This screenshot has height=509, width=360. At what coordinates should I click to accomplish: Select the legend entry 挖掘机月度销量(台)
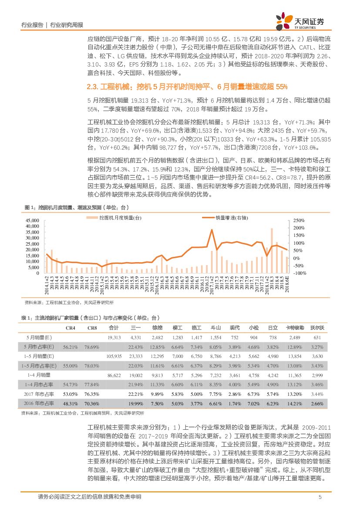click(120, 218)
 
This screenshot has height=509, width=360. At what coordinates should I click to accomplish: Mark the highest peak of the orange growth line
click(212, 230)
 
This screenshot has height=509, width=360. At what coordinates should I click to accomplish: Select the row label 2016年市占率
click(40, 403)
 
